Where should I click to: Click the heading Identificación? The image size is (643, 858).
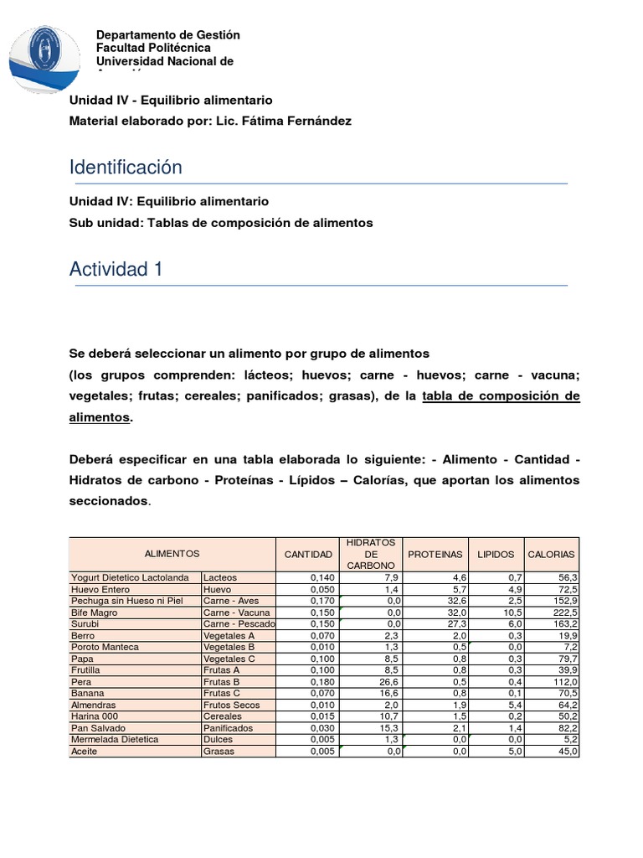[x=126, y=168]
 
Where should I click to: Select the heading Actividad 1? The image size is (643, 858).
[x=116, y=269]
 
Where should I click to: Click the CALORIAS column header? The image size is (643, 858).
[x=551, y=555]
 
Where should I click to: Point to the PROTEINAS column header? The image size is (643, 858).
[x=435, y=555]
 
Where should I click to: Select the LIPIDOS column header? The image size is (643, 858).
[x=496, y=555]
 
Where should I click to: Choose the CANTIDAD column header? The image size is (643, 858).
[x=308, y=555]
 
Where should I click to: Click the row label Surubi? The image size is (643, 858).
[x=85, y=624]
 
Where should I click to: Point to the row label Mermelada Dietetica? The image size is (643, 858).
[x=115, y=740]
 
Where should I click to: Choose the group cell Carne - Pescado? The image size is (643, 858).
[x=239, y=624]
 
